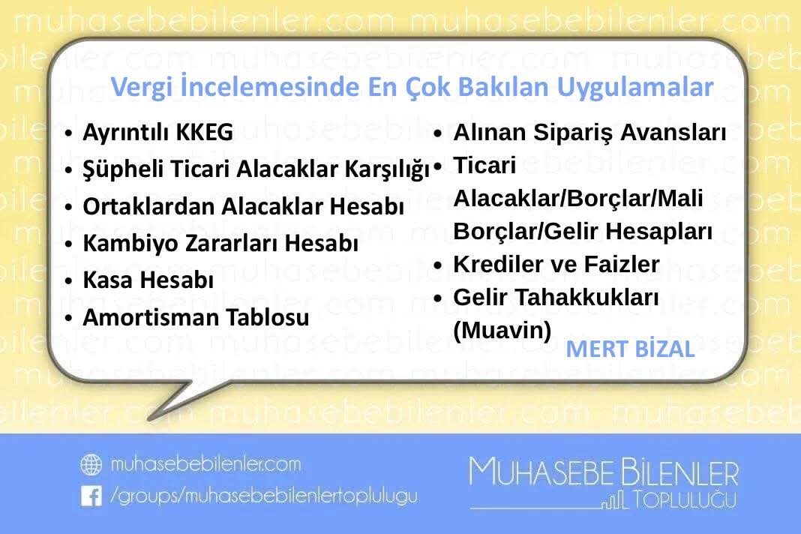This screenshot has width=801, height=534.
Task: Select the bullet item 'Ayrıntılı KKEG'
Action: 157,133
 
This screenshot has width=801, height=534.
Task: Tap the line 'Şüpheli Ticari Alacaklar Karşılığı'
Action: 256,169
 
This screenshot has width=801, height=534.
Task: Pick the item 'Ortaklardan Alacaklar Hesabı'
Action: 243,206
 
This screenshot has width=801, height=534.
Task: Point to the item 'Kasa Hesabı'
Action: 148,280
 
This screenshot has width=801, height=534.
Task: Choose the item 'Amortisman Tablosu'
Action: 195,317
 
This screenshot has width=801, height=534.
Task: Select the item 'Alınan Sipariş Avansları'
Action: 589,133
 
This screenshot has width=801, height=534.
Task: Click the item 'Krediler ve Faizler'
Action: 556,264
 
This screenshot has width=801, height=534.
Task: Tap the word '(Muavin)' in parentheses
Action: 502,330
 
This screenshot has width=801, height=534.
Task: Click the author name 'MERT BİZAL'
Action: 630,349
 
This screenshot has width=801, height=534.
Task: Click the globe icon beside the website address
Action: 91,465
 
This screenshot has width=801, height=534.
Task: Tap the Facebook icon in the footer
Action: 91,496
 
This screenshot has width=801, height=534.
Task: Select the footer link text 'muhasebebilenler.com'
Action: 205,465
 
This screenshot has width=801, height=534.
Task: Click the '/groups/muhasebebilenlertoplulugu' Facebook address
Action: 263,496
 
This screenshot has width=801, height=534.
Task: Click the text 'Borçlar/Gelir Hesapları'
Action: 582,232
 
